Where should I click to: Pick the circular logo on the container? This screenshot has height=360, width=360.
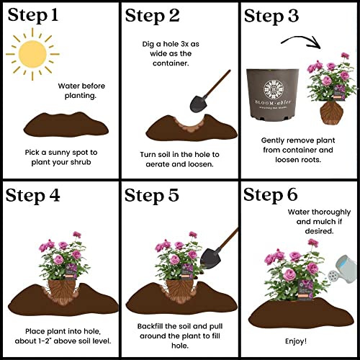[275, 88]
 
